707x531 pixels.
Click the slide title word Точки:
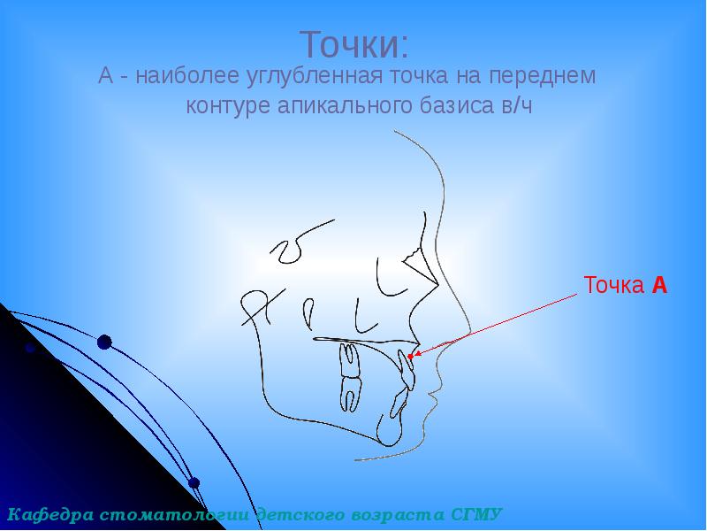click(354, 44)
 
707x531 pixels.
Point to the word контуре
click(229, 107)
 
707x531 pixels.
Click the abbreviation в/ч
click(518, 107)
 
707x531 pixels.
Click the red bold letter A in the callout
click(659, 286)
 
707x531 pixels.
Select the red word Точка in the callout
click(613, 286)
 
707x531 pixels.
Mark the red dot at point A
click(410, 356)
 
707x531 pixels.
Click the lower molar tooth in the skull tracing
click(352, 390)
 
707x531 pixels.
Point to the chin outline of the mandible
click(389, 434)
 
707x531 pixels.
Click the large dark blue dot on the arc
click(104, 342)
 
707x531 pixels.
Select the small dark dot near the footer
click(194, 482)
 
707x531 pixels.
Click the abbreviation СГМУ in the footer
click(477, 514)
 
